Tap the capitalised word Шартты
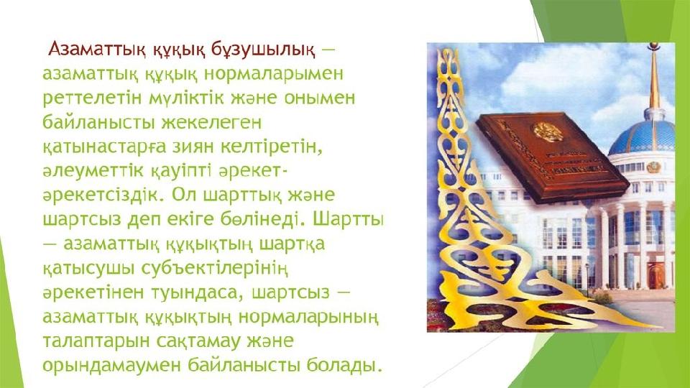tap(349, 218)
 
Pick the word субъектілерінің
tap(215, 267)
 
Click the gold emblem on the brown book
tap(548, 131)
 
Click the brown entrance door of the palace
tap(655, 275)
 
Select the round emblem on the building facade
tap(653, 167)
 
